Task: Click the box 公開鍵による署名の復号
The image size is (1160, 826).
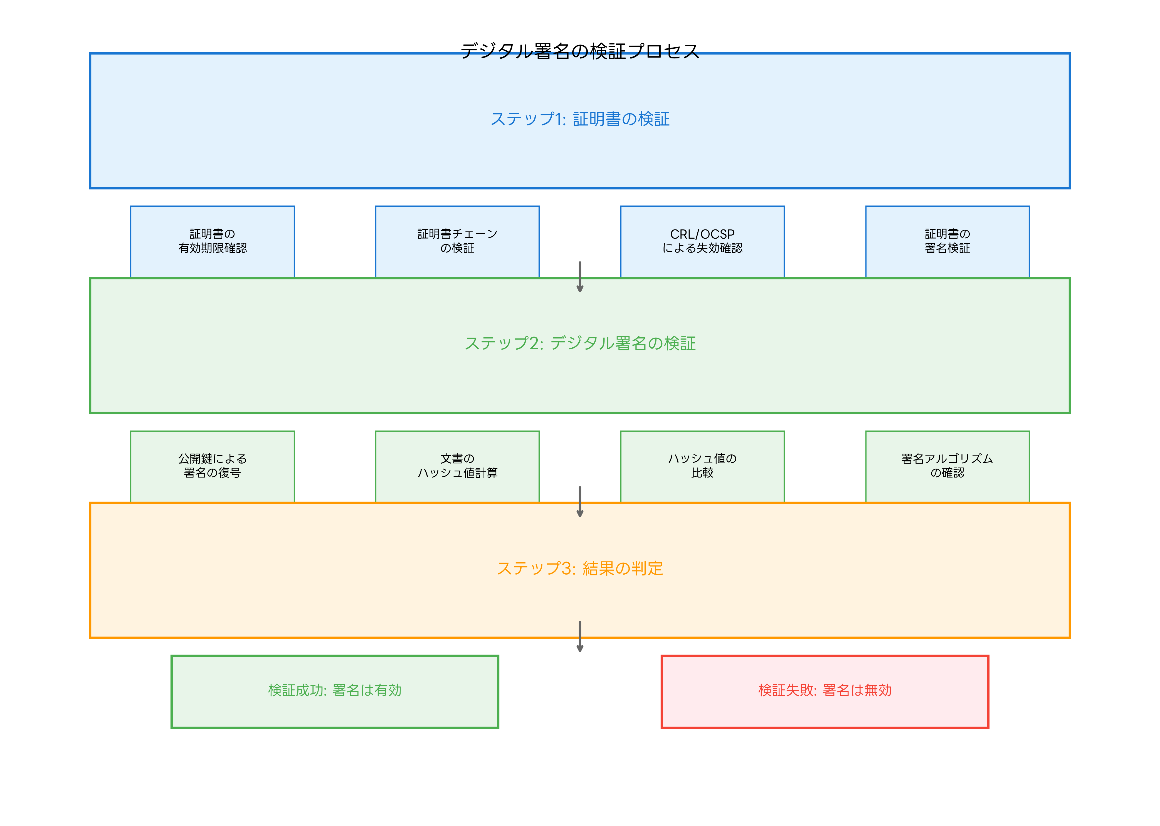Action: tap(212, 466)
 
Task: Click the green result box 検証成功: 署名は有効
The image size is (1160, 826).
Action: tap(335, 691)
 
